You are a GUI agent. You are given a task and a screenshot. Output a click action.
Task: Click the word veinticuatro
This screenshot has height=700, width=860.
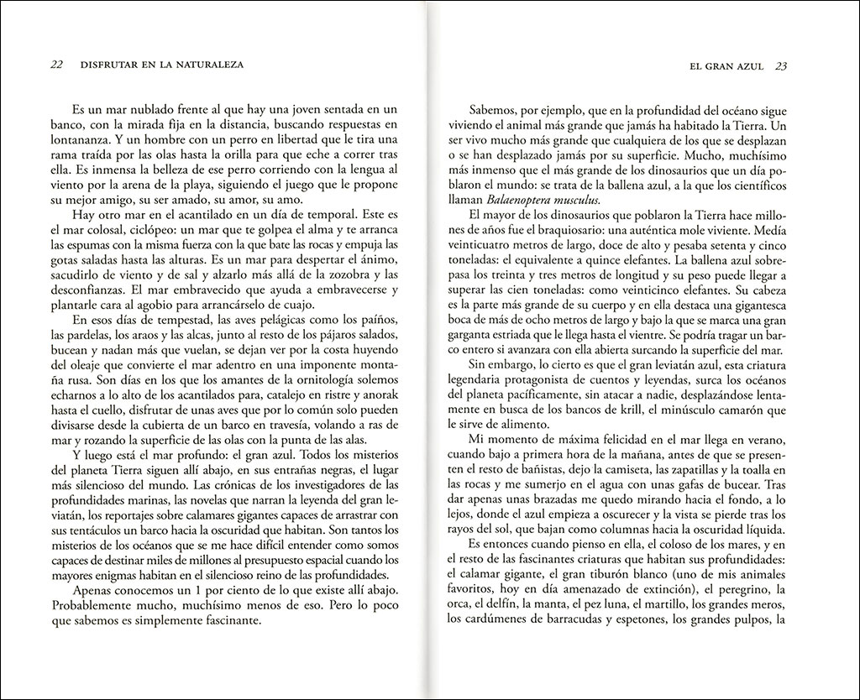tap(487, 244)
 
